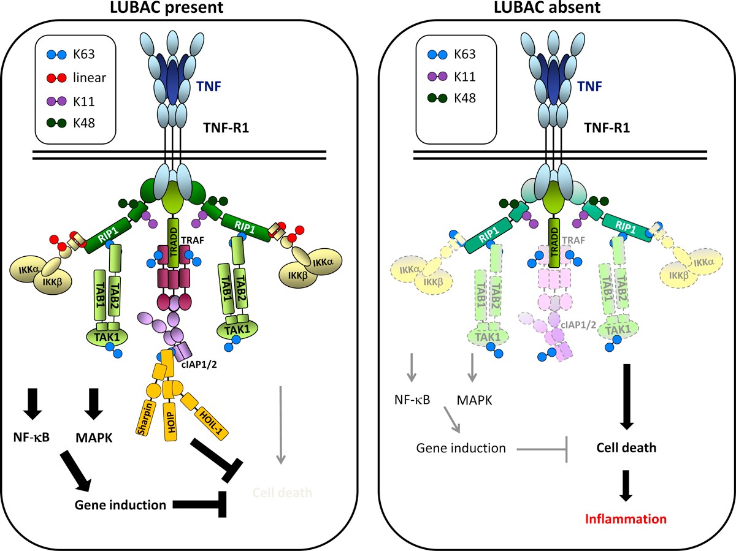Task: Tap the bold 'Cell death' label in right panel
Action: pyautogui.click(x=627, y=447)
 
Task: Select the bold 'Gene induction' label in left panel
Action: pyautogui.click(x=120, y=505)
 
